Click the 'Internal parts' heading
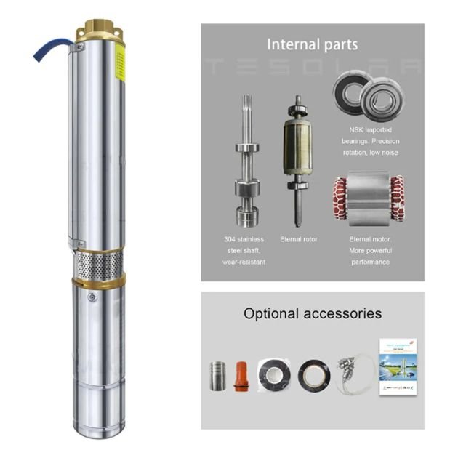point(312,44)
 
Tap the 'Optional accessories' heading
point(312,314)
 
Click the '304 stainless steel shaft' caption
point(244,250)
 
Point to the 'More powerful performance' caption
point(370,256)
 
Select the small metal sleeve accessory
point(217,376)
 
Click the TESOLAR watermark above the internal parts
point(313,68)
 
